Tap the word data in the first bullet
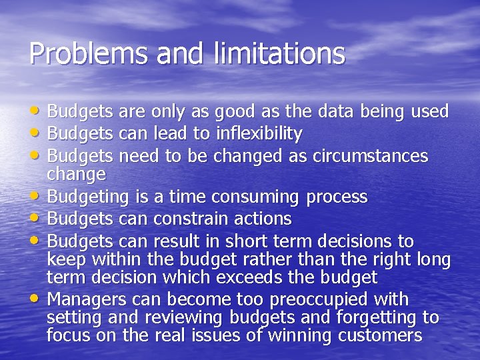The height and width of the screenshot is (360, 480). click(x=323, y=111)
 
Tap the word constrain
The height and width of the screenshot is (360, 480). click(x=188, y=219)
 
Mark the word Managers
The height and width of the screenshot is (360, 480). click(x=86, y=298)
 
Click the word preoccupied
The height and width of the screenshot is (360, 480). click(x=317, y=299)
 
